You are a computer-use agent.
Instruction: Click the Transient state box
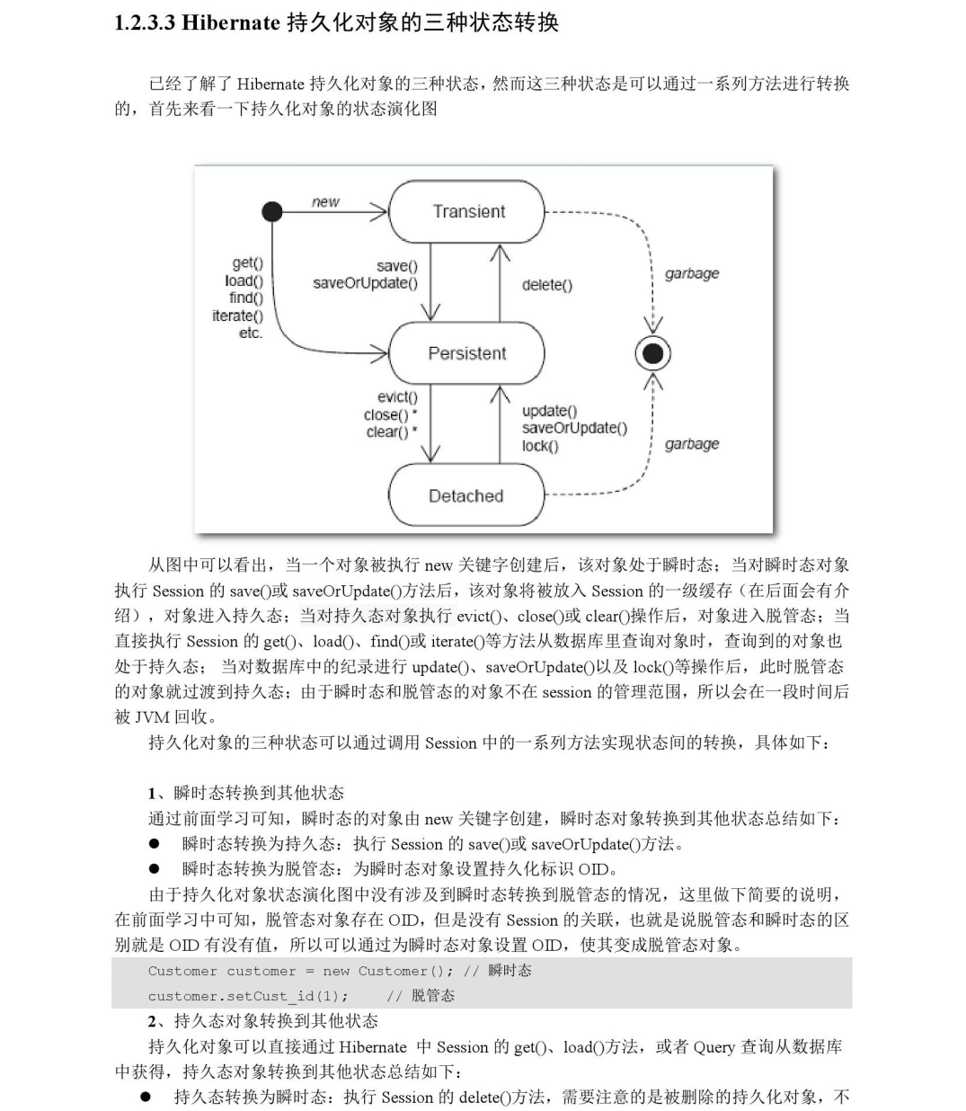tap(467, 211)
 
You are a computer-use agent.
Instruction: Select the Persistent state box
tap(466, 353)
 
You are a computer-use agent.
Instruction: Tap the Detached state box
tap(465, 495)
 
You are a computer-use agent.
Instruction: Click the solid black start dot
tap(271, 211)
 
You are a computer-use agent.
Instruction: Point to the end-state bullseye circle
tap(653, 353)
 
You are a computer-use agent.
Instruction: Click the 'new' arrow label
tap(325, 201)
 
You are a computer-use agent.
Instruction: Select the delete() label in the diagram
tap(546, 285)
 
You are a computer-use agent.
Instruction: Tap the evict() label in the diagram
tap(397, 397)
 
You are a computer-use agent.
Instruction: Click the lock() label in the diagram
tap(539, 446)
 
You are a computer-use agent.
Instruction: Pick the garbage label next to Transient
tap(692, 273)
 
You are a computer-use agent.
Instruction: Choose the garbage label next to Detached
tap(692, 444)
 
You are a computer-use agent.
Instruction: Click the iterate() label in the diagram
tap(237, 316)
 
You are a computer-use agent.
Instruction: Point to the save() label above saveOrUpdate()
tap(397, 266)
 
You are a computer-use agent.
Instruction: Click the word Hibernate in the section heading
tap(231, 23)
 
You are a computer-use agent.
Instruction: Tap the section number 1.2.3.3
tap(145, 23)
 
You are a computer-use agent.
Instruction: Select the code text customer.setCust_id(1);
tap(248, 996)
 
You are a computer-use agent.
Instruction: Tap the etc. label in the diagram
tap(250, 333)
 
